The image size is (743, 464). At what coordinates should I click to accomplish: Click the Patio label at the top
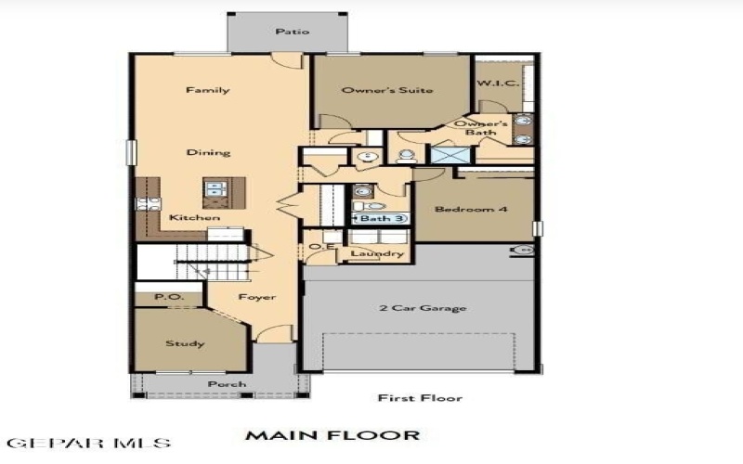pos(292,32)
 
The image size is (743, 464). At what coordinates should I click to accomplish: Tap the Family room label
pos(207,90)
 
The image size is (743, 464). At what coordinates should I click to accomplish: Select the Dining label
pos(208,152)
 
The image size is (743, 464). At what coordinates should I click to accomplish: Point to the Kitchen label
pos(194,218)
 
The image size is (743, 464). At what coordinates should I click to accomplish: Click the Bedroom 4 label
pos(471,210)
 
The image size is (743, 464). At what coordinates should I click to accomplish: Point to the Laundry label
pos(376,252)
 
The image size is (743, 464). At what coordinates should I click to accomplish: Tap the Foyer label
pos(256,298)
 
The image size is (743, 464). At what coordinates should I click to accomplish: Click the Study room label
pos(185,343)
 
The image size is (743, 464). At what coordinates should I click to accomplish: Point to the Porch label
pos(227,384)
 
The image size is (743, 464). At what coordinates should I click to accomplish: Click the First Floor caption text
pos(419,398)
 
